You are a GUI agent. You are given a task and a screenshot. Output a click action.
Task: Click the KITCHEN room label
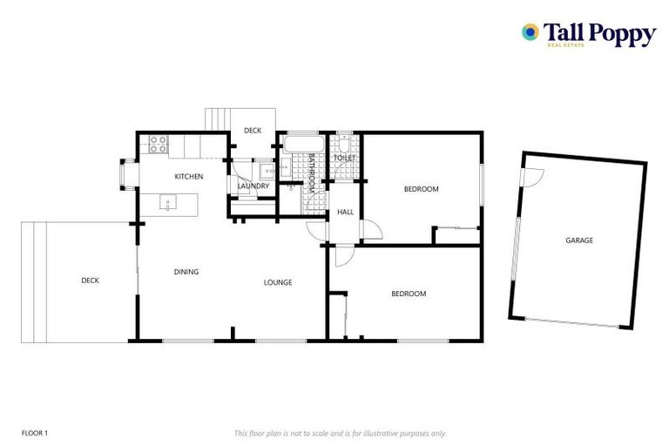click(x=189, y=177)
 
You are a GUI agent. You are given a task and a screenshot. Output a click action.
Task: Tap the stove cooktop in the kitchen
click(x=158, y=145)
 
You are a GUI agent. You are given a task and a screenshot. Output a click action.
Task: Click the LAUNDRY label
click(x=253, y=186)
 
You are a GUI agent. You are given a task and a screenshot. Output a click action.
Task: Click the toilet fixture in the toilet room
click(x=345, y=143)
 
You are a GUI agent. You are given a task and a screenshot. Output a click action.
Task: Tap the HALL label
click(x=345, y=212)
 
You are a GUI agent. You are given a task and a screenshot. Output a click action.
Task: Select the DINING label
click(x=186, y=272)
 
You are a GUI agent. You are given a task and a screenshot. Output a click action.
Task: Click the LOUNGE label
click(x=278, y=282)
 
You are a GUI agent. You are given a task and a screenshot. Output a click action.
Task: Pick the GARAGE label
click(x=578, y=240)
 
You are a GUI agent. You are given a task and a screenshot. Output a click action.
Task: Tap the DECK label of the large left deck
click(x=90, y=280)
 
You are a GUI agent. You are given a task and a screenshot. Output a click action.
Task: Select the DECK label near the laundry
click(x=253, y=131)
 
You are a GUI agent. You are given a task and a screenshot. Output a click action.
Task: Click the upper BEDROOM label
click(x=421, y=189)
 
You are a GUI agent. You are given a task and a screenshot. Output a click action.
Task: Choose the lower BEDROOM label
click(x=409, y=294)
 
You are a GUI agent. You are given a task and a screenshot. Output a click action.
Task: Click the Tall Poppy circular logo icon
click(x=529, y=32)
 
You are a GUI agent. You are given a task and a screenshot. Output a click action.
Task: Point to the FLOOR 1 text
click(x=34, y=433)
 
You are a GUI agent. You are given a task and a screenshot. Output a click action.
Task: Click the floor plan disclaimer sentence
click(x=340, y=433)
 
